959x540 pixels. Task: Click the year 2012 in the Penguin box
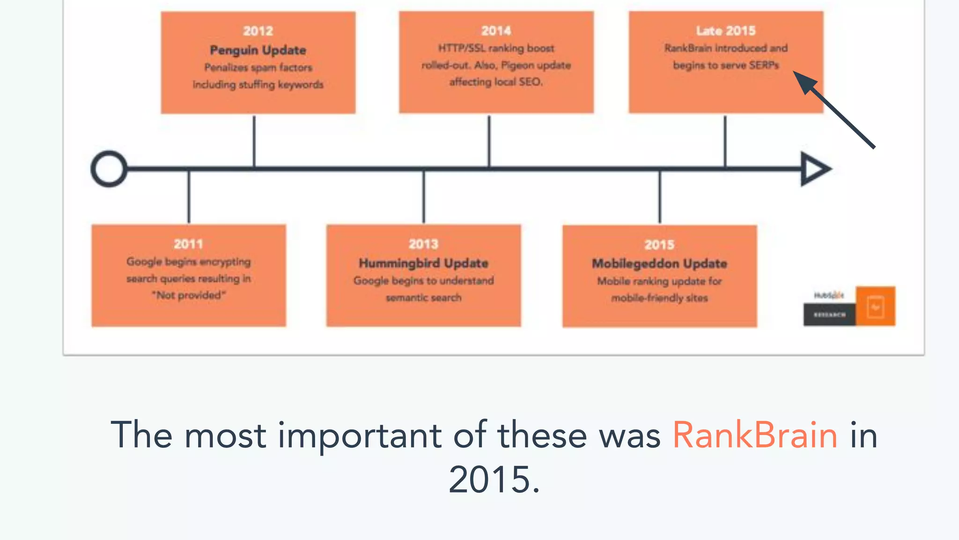click(x=258, y=31)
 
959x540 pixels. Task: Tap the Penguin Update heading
click(x=258, y=50)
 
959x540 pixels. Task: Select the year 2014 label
click(x=496, y=31)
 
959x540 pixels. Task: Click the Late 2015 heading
click(x=726, y=31)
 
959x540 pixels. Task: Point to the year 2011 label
click(x=188, y=244)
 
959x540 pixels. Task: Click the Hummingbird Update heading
click(x=423, y=263)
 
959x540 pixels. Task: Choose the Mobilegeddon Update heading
click(x=659, y=263)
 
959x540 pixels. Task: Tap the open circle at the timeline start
click(x=109, y=169)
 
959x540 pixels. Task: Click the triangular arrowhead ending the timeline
click(x=814, y=169)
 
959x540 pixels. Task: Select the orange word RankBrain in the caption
click(x=755, y=435)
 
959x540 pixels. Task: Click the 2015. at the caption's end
click(x=494, y=480)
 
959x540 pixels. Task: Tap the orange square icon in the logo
click(x=875, y=306)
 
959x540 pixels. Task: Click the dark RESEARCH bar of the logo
click(x=829, y=315)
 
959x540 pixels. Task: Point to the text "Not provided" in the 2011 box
click(x=189, y=295)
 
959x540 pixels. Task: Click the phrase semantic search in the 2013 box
click(x=423, y=298)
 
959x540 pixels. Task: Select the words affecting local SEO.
click(x=496, y=82)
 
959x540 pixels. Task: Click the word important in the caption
click(x=359, y=435)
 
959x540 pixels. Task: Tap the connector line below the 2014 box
click(x=489, y=141)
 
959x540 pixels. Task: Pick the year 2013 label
click(x=423, y=244)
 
